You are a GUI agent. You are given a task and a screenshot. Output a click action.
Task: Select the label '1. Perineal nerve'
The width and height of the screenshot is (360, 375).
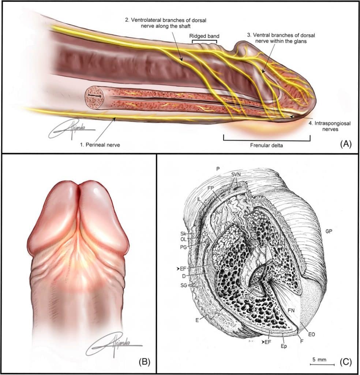(100, 145)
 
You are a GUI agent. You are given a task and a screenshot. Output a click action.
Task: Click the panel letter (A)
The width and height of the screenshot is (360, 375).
(346, 144)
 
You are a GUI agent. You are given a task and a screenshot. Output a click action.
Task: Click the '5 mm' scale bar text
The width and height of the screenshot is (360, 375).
(319, 359)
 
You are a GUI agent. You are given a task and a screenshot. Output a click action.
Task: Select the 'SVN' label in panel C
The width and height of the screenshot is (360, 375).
(236, 175)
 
